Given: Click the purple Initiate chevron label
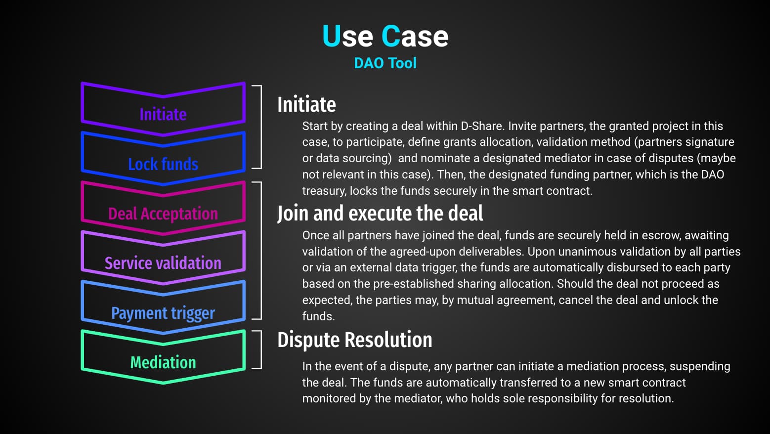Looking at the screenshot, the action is pos(163,114).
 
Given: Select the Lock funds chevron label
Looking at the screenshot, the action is pos(163,164).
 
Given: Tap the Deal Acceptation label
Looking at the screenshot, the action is pos(163,214).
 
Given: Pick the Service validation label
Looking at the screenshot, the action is pos(163,263).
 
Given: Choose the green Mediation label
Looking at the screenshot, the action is pos(163,362).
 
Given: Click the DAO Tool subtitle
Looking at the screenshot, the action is pos(385,63).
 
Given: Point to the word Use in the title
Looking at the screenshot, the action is pos(347,36).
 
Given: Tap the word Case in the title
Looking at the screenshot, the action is pos(415,36).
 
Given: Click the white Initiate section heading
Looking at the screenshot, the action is pos(306,104).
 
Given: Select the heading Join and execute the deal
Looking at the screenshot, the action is pos(380,214).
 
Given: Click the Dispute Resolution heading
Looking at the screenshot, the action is pos(355,340).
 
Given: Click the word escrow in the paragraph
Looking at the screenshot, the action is pos(661,236).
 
